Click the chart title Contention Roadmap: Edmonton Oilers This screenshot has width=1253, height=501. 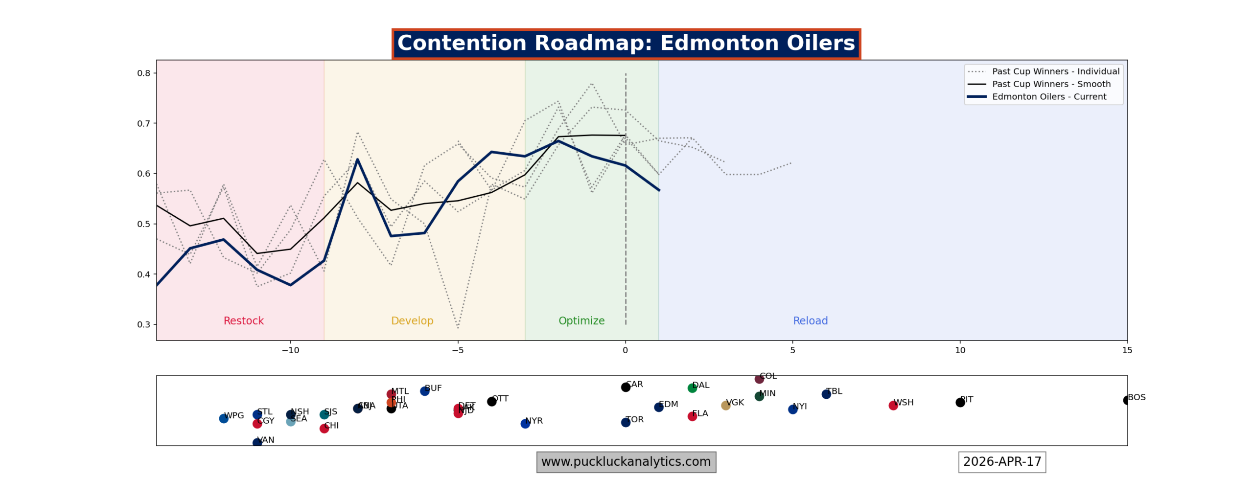(x=626, y=43)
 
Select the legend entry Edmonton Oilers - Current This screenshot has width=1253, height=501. (x=1048, y=96)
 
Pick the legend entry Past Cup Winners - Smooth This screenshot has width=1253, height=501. (x=1051, y=84)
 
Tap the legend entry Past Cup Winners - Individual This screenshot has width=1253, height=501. (x=1055, y=71)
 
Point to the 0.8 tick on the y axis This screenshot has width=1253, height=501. (x=143, y=73)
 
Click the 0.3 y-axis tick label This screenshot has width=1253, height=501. (x=143, y=324)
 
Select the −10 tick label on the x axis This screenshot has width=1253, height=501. (x=290, y=350)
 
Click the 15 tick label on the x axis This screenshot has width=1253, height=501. (x=1127, y=350)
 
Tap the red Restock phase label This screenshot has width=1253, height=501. (x=243, y=320)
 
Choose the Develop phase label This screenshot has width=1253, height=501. (x=412, y=320)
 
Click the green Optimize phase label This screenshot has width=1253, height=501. (x=581, y=320)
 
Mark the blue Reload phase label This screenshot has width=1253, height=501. (x=810, y=320)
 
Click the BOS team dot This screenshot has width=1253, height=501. (x=1126, y=400)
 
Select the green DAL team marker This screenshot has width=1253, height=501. (x=692, y=388)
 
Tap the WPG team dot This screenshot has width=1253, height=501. (x=223, y=418)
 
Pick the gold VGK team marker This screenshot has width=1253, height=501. (x=725, y=405)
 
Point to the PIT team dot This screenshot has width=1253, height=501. (x=960, y=402)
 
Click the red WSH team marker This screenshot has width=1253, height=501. (x=893, y=405)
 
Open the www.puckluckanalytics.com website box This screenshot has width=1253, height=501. (x=626, y=462)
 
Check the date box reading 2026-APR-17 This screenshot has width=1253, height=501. (x=1001, y=462)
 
